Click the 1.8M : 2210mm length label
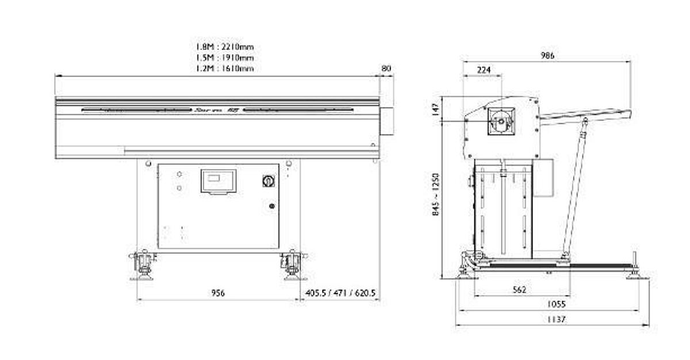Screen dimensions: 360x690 pos(225,47)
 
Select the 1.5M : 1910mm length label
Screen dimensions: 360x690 pos(225,58)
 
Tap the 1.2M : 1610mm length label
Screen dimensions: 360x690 pos(225,68)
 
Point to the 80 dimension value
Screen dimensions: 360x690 pos(386,68)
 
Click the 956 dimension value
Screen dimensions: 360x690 pos(218,293)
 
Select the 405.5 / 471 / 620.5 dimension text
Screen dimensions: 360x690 pos(340,293)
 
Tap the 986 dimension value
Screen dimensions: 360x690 pos(548,56)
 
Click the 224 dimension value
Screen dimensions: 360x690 pos(484,70)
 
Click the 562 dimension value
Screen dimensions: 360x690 pos(519,290)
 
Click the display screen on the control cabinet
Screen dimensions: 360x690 pos(218,181)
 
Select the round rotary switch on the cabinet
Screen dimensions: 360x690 pos(268,181)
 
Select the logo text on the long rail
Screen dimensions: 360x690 pos(217,109)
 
